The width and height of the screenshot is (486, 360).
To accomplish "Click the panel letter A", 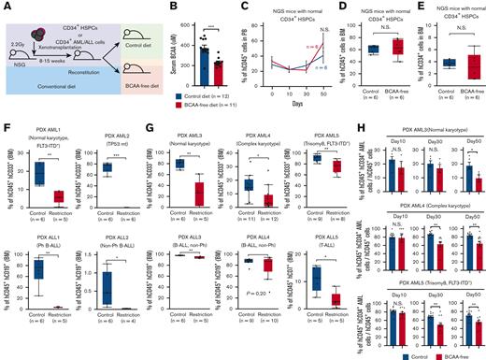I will click(x=6, y=7).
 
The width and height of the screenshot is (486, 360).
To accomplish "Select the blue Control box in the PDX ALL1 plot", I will click(x=39, y=271).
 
